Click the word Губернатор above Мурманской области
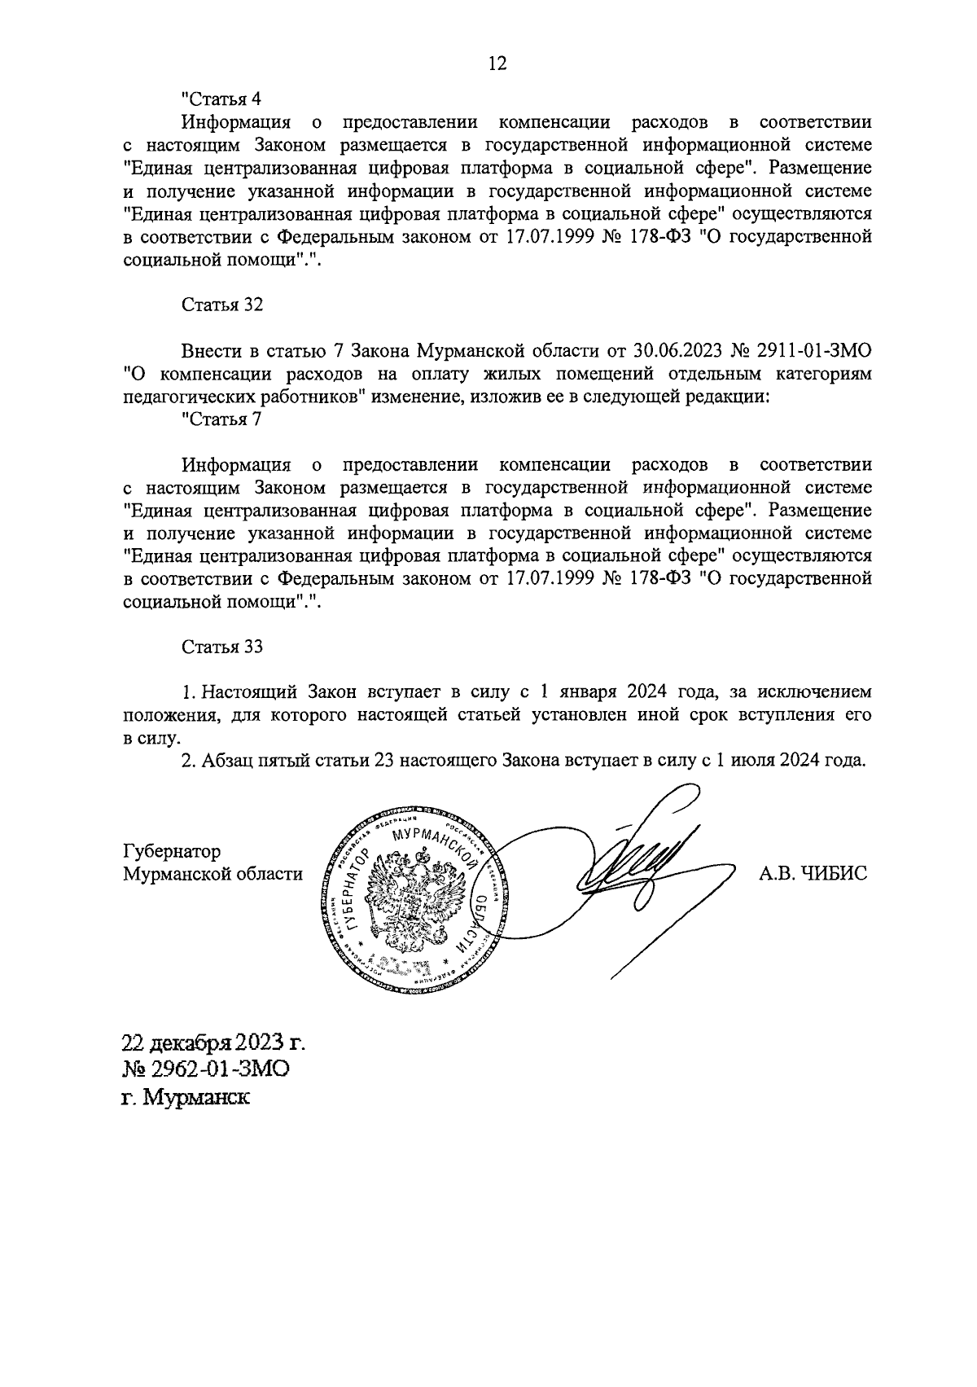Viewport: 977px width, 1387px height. click(x=172, y=852)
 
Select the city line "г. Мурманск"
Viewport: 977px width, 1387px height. click(x=186, y=1096)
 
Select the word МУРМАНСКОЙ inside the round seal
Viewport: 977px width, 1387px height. click(x=436, y=845)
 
